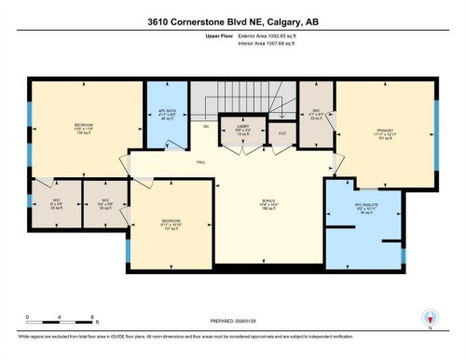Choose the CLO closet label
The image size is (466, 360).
pos(282,133)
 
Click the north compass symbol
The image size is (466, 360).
pos(429,317)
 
